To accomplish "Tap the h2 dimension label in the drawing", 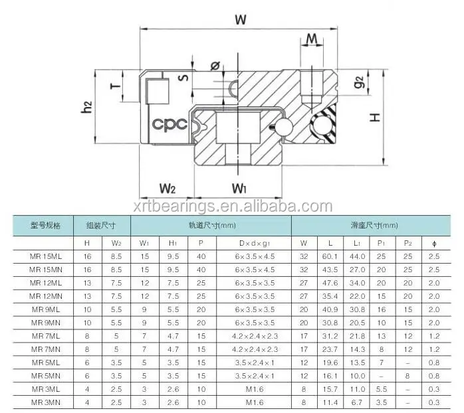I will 86,107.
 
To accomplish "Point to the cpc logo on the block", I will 166,124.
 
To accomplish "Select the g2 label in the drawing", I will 359,84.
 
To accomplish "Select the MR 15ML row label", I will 46,257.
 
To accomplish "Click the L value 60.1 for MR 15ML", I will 330,257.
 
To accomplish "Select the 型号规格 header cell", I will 46,226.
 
